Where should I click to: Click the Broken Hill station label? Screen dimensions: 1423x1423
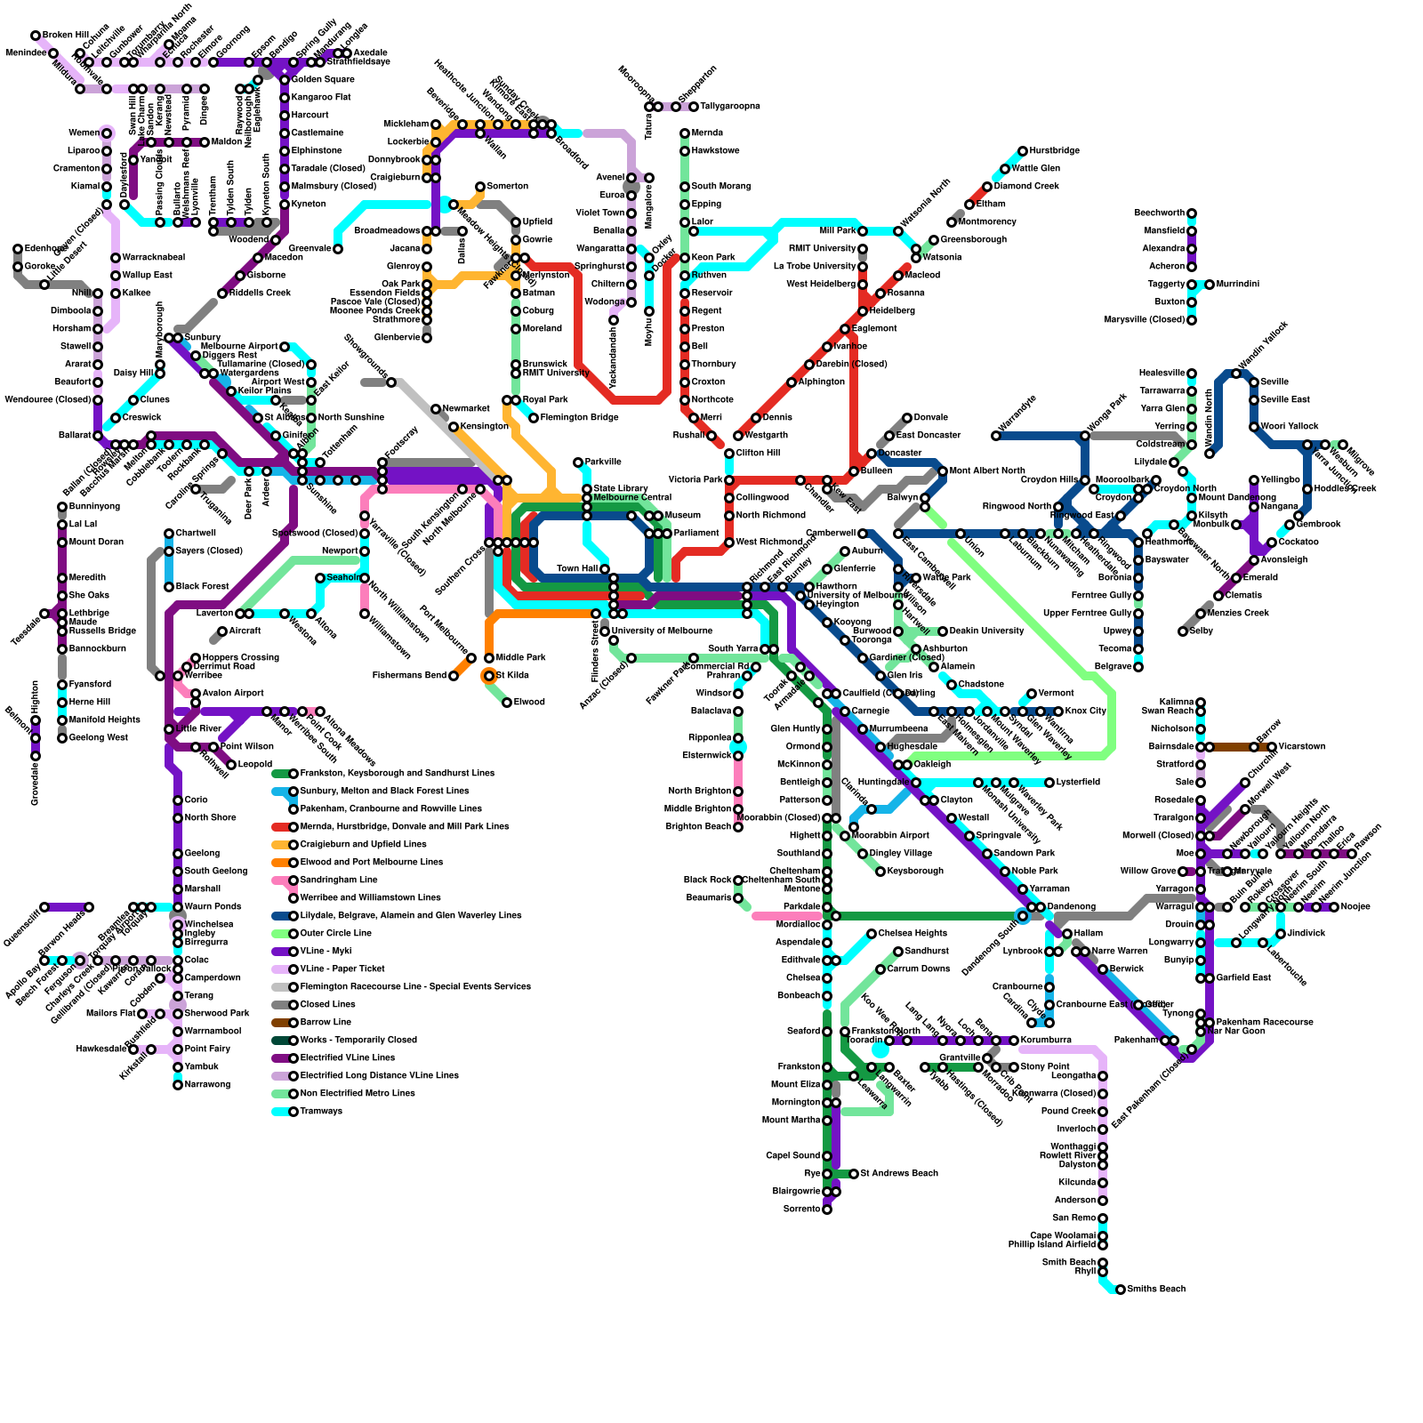pos(65,36)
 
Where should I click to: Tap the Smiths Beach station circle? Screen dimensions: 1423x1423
pos(1121,1290)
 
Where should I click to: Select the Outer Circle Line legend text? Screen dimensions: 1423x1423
pos(336,934)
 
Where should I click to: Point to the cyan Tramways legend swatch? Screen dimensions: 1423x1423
pos(279,1112)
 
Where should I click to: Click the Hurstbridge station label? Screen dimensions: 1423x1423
pos(1055,151)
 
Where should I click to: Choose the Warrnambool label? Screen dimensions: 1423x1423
pos(213,1032)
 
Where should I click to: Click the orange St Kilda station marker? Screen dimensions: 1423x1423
pos(488,676)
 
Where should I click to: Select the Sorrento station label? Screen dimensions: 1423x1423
pos(800,1210)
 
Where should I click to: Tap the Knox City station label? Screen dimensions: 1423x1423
pos(1085,711)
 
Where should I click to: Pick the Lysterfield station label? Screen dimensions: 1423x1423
pos(1078,783)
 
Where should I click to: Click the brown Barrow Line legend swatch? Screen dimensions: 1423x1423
pos(279,1023)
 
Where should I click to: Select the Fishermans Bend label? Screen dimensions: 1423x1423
pos(409,676)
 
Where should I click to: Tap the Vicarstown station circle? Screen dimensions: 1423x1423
pos(1272,747)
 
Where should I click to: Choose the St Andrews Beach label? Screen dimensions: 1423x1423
pos(899,1174)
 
